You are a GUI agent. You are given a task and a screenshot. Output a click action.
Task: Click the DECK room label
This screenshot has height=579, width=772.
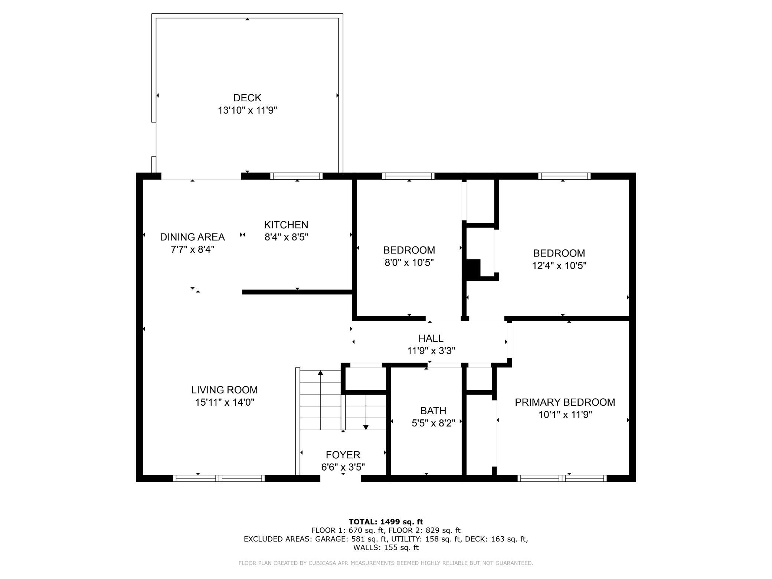[x=247, y=98]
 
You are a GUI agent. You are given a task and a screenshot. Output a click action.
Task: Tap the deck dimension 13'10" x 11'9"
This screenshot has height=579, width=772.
[x=248, y=110]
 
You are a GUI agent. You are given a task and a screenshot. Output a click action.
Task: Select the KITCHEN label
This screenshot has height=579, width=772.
[x=286, y=225]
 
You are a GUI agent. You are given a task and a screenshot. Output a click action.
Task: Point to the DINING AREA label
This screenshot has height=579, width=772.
[x=192, y=237]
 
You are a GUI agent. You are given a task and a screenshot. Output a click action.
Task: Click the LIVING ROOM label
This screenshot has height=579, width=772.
[x=224, y=390]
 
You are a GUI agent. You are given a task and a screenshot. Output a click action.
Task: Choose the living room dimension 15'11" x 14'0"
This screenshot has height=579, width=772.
[x=225, y=402]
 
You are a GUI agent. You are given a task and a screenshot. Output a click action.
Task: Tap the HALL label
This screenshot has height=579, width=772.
[x=431, y=338]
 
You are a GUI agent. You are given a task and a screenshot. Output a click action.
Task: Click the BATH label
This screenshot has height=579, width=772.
[x=433, y=411]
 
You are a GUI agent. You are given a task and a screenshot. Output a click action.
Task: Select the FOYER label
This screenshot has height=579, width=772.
[x=343, y=455]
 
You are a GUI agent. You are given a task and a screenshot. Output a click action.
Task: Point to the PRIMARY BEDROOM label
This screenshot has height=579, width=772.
[x=565, y=402]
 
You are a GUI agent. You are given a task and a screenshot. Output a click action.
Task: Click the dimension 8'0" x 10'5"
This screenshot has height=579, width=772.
[x=409, y=263]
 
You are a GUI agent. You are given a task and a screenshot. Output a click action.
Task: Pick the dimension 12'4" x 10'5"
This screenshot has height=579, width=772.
[x=559, y=266]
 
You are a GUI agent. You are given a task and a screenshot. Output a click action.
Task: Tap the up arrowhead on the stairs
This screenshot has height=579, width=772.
[x=320, y=373]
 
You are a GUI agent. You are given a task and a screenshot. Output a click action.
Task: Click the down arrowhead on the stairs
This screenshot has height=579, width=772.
[x=366, y=427]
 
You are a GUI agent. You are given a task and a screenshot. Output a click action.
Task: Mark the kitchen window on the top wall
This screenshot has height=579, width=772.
[x=296, y=176]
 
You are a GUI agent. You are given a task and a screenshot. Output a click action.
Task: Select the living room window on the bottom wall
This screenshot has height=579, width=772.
[x=219, y=478]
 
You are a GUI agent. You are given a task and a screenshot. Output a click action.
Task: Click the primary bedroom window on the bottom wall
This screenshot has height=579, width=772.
[x=562, y=478]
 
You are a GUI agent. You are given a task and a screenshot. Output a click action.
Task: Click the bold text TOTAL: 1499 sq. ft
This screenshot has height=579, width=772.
[x=386, y=522]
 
